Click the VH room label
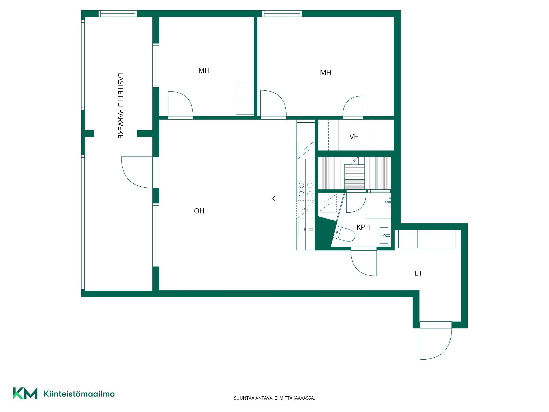[354, 137]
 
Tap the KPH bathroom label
[363, 227]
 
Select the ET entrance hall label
[418, 273]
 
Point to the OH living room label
[199, 211]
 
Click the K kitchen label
[273, 199]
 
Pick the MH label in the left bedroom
[204, 70]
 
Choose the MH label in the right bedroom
[325, 73]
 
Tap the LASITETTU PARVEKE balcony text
[120, 106]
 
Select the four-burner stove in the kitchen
[306, 189]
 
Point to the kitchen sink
[305, 229]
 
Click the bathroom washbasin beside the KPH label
[385, 235]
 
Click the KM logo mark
[25, 393]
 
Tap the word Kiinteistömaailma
[79, 394]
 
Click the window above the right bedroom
[282, 13]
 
